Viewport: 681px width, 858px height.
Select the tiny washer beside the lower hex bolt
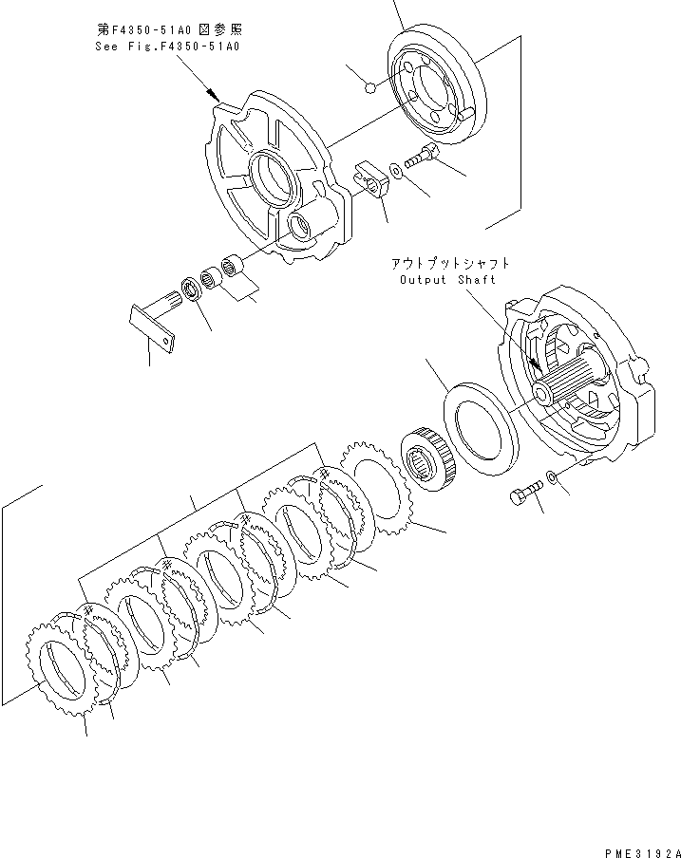point(552,476)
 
